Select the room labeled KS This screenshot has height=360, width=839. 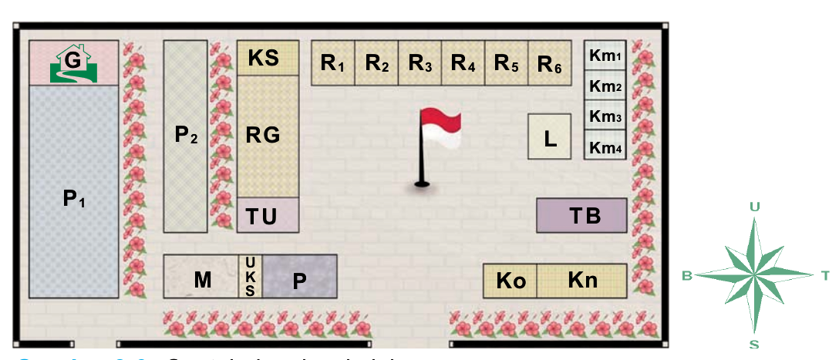[268, 58]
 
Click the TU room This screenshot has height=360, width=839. [268, 215]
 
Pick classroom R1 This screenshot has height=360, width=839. [332, 63]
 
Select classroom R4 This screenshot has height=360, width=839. [463, 63]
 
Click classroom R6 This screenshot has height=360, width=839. [550, 63]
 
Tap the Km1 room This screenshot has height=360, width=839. [605, 56]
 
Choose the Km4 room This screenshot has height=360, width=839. [605, 146]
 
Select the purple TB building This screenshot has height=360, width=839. [581, 215]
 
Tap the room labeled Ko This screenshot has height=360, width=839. [510, 281]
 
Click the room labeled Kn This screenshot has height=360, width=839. [581, 281]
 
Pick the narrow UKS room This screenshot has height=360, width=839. [250, 276]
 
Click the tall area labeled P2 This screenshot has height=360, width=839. [186, 136]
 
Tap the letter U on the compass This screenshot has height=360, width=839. [755, 206]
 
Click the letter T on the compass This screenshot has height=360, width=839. [825, 275]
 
